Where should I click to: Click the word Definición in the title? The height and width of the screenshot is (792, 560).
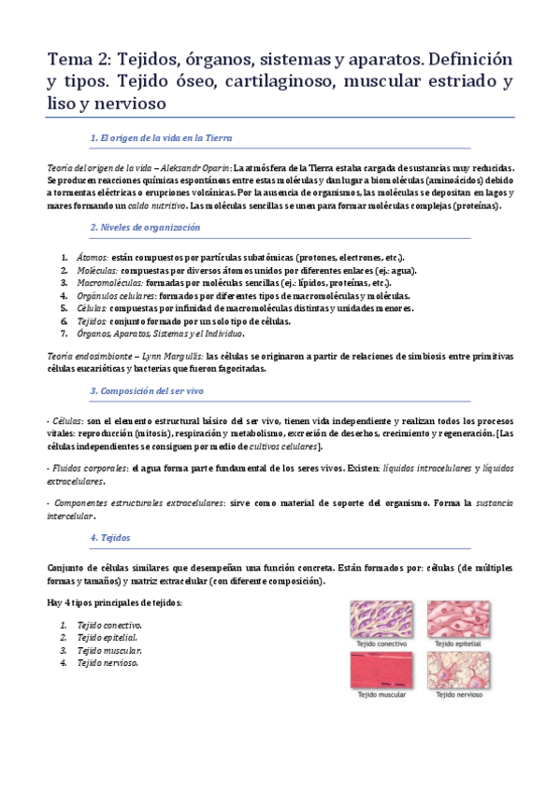(x=466, y=61)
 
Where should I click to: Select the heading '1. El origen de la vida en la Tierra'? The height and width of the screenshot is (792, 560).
(x=161, y=137)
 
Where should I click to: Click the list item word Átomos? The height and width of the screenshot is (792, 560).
(x=93, y=257)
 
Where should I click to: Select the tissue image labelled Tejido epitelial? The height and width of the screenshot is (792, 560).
(x=457, y=617)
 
